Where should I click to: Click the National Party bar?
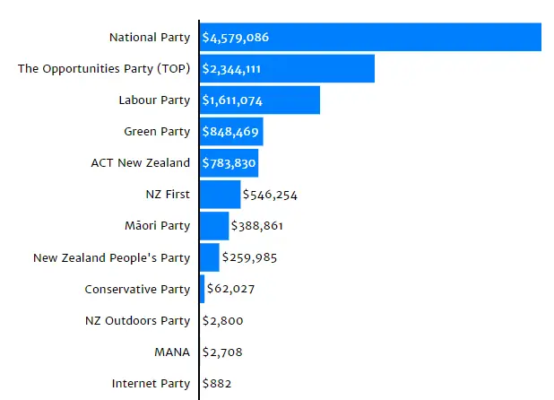(x=370, y=37)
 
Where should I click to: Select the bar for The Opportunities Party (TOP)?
(x=287, y=68)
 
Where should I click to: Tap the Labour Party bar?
(x=260, y=100)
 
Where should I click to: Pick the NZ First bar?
(x=221, y=195)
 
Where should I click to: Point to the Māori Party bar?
(x=214, y=226)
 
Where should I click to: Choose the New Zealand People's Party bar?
(x=210, y=257)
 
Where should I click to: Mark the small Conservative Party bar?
(x=202, y=289)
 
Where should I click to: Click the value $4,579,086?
(x=235, y=38)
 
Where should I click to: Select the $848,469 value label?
(x=230, y=132)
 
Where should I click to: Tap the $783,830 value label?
(x=229, y=163)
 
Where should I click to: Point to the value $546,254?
(x=270, y=195)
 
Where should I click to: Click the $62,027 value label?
(x=230, y=289)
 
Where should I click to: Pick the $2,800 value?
(x=222, y=320)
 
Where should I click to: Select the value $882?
(x=217, y=383)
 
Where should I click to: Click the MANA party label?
(x=172, y=352)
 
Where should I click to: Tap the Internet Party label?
(x=151, y=383)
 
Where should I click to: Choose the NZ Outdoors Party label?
(x=137, y=320)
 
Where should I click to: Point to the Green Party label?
(x=157, y=132)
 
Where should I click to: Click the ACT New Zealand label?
(x=140, y=163)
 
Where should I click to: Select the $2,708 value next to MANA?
(x=222, y=352)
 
